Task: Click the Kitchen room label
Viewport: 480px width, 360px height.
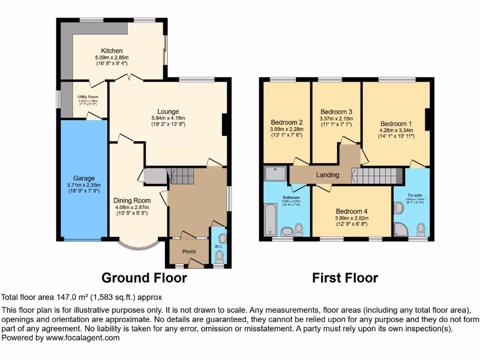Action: tap(112, 51)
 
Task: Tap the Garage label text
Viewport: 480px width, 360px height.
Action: tap(84, 178)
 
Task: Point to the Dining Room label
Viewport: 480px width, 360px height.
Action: tap(132, 201)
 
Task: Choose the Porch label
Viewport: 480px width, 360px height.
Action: tap(189, 252)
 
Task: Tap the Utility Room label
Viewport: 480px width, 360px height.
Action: tap(88, 97)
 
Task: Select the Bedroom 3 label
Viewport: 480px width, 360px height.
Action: tap(336, 112)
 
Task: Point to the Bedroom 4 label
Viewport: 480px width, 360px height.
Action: tap(352, 211)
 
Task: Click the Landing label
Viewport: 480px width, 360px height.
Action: tap(328, 175)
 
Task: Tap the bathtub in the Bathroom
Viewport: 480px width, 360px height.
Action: tap(271, 219)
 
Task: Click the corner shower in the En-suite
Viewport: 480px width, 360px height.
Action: tap(400, 229)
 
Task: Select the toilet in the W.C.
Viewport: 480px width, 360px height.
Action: tap(219, 255)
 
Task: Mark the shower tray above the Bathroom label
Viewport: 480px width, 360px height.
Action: tap(276, 173)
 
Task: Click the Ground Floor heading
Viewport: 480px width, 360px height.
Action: tap(144, 278)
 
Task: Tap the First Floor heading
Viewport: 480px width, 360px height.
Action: tap(345, 278)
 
